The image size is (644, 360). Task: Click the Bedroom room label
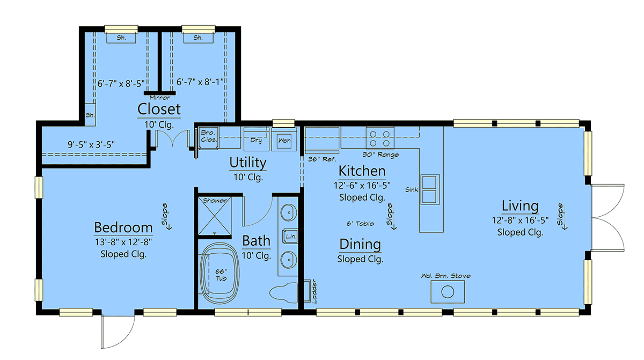(123, 227)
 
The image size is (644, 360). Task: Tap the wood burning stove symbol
(448, 292)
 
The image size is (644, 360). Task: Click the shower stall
(215, 216)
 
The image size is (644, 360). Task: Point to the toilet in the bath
(284, 293)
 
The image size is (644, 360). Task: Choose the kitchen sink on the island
(430, 189)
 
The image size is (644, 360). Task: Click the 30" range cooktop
(380, 138)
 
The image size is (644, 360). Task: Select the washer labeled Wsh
(284, 140)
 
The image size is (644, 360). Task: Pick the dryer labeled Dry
(256, 139)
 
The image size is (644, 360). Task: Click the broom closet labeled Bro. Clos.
(209, 138)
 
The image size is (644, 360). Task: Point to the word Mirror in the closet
(160, 98)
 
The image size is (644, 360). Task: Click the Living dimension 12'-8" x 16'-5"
(520, 221)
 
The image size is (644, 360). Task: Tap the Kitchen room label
(362, 171)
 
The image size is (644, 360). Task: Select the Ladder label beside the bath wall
(314, 291)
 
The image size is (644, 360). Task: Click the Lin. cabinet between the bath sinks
(291, 236)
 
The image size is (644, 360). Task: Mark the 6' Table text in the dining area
(360, 224)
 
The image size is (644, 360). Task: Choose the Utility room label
(248, 163)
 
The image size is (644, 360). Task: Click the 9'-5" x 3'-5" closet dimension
(91, 144)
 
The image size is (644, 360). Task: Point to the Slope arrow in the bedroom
(167, 217)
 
